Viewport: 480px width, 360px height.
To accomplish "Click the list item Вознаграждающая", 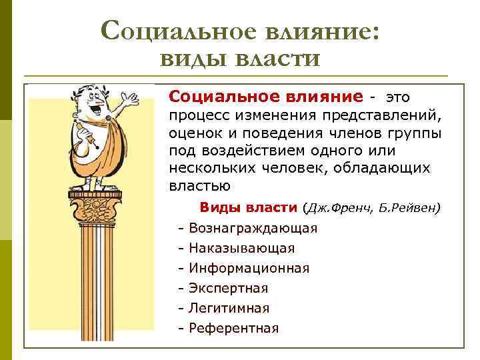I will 253,228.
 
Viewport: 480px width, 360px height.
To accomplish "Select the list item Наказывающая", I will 241,248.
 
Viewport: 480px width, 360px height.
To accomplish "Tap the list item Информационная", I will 249,268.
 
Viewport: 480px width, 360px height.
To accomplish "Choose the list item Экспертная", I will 228,288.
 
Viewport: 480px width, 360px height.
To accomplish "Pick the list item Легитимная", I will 229,308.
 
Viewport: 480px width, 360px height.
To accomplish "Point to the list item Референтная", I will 233,328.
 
